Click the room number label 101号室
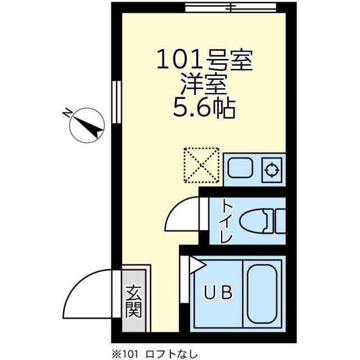point(204,60)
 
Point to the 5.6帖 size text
point(204,107)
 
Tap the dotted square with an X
point(201,165)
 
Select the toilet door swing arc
point(181,215)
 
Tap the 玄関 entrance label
point(133,301)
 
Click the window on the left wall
point(116,102)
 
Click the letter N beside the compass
point(67,113)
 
